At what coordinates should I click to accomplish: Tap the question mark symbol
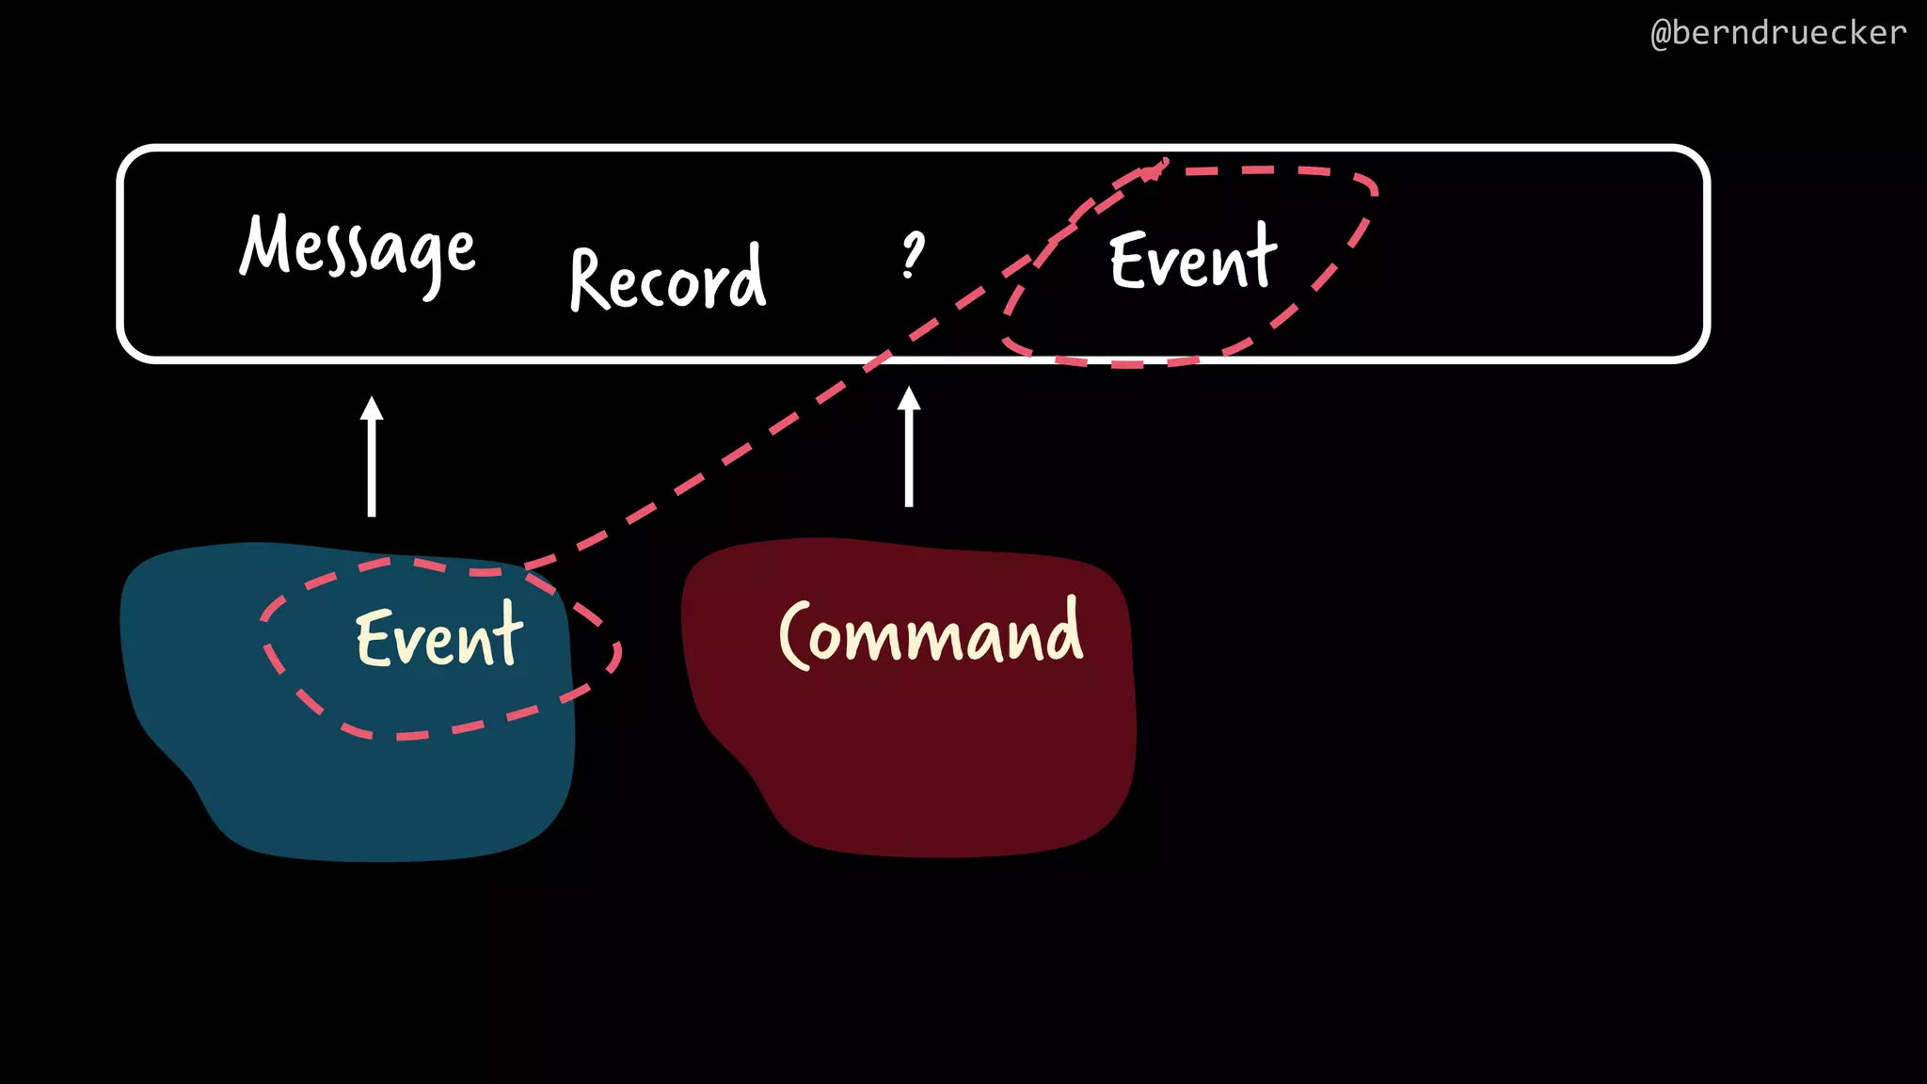912,255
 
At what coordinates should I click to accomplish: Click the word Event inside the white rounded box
1192,258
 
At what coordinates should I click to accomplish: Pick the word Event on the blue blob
438,637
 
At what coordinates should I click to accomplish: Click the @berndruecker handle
1777,33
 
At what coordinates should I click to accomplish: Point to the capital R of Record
591,279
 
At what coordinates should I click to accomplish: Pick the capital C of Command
795,635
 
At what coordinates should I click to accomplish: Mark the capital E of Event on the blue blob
374,638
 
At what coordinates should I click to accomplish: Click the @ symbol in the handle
1662,34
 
